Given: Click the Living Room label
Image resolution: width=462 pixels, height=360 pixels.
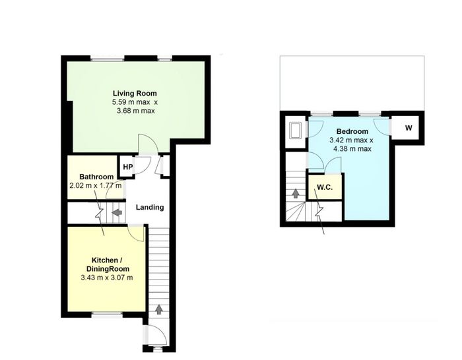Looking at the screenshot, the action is (135, 94).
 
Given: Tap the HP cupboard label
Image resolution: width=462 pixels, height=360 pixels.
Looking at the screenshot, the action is (127, 167).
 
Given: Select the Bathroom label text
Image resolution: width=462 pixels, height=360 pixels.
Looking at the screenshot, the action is (96, 177).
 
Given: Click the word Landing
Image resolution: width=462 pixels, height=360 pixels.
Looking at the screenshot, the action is (150, 207).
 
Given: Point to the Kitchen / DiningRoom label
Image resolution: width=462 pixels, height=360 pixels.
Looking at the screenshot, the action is (108, 264).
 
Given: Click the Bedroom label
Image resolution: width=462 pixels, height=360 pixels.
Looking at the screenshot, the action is (352, 131).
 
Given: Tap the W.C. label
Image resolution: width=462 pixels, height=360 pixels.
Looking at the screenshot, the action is (325, 187).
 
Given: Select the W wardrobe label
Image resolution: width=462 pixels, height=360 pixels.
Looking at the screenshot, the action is (409, 128).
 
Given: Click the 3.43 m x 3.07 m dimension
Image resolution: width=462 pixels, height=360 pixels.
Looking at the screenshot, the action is (107, 278).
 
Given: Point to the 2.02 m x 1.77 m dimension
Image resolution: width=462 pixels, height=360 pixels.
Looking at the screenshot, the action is (96, 186).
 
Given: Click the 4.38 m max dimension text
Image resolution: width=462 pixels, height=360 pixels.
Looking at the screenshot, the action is (352, 148).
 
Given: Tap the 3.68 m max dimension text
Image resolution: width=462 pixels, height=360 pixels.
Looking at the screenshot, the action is (135, 111).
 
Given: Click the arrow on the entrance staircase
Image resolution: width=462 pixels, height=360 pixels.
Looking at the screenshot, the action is (159, 309).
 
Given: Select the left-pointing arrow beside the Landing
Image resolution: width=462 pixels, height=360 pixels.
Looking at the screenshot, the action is (117, 212).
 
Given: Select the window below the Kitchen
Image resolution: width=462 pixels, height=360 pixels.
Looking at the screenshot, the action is (107, 315).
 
